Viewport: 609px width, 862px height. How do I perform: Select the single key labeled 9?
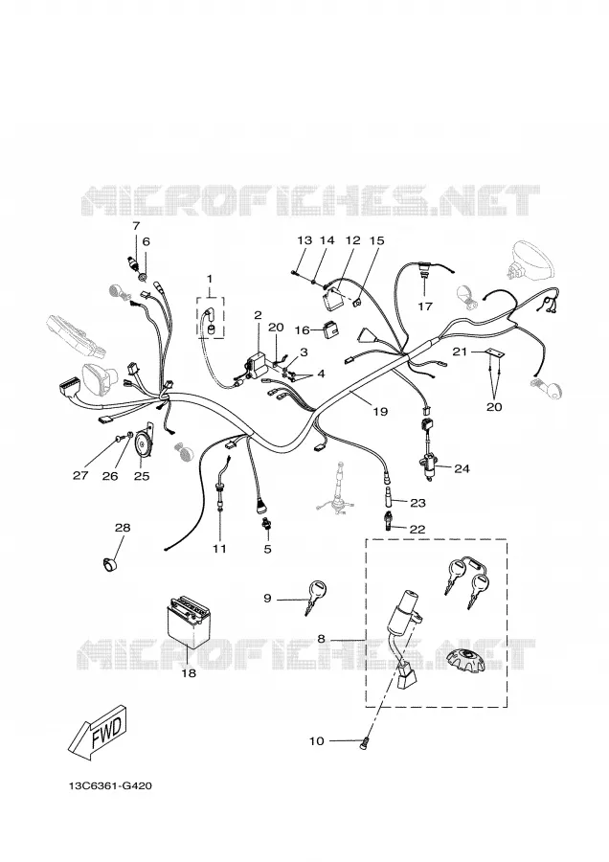coord(314,597)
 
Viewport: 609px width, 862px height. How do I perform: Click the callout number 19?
coord(380,411)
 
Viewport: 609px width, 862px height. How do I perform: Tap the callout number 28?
coord(123,528)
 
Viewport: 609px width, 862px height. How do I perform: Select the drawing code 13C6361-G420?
coord(110,786)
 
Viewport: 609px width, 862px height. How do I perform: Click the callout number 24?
coord(462,468)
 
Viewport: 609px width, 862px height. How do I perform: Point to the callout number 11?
coord(220,549)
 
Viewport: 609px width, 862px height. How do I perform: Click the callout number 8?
coord(321,639)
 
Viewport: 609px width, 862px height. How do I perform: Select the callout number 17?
coord(425,306)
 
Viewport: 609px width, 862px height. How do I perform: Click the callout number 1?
coord(210,280)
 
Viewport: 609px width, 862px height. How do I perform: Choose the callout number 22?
coord(417,530)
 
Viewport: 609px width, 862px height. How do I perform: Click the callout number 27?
coord(80,475)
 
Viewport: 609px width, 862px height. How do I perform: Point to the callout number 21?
coord(461,352)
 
